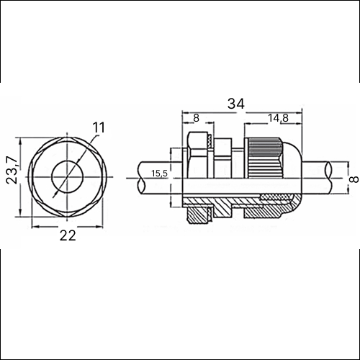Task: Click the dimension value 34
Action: point(236,104)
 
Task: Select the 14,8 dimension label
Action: point(278,118)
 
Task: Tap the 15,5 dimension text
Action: point(159,174)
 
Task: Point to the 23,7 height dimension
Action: point(12,170)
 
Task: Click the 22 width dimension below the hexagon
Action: point(68,235)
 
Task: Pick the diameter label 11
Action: point(99,127)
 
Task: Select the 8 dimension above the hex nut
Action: point(196,118)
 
